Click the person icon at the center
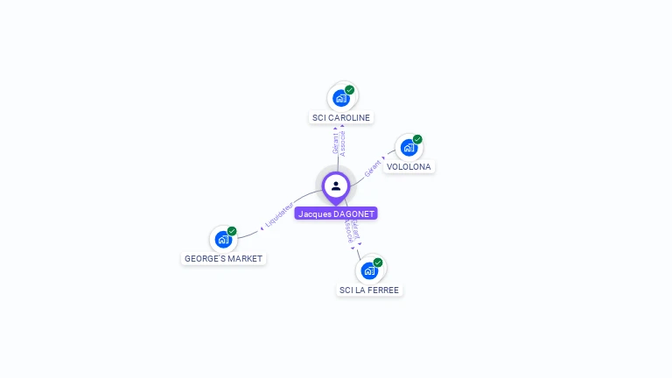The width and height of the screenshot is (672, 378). pos(336,185)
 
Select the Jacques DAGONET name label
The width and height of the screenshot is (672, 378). pos(336,213)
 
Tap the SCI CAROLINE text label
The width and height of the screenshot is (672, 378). pos(341,117)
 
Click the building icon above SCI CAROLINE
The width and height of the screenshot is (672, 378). pos(341,98)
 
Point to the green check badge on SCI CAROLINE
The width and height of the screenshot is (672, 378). pos(349,90)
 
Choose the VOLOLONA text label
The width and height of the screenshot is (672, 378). pos(409,166)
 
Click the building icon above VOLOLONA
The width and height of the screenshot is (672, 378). pos(409,147)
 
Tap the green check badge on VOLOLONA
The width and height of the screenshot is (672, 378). pos(417,139)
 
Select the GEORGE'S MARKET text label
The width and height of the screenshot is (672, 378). pos(223,259)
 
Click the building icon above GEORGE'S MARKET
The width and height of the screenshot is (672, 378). pos(223,239)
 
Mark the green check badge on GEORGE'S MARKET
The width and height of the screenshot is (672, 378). pos(232,231)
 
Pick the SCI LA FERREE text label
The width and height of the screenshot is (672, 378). pos(369,290)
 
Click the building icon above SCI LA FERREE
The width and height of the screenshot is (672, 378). pos(369,270)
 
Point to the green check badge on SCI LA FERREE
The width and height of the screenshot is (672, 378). pos(378,262)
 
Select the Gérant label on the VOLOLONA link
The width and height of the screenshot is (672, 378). pos(373,168)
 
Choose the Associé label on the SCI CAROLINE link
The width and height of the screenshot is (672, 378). pos(343,143)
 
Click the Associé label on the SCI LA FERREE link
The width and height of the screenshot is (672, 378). pos(348,231)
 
